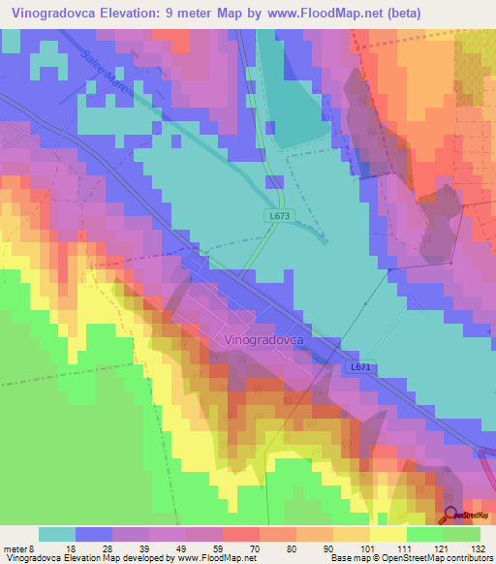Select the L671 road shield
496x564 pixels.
pos(359,367)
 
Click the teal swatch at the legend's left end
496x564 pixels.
pos(57,534)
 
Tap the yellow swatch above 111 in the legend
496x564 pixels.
pos(388,534)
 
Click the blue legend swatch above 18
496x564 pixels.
pos(94,534)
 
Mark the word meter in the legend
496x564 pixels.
pos(16,548)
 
